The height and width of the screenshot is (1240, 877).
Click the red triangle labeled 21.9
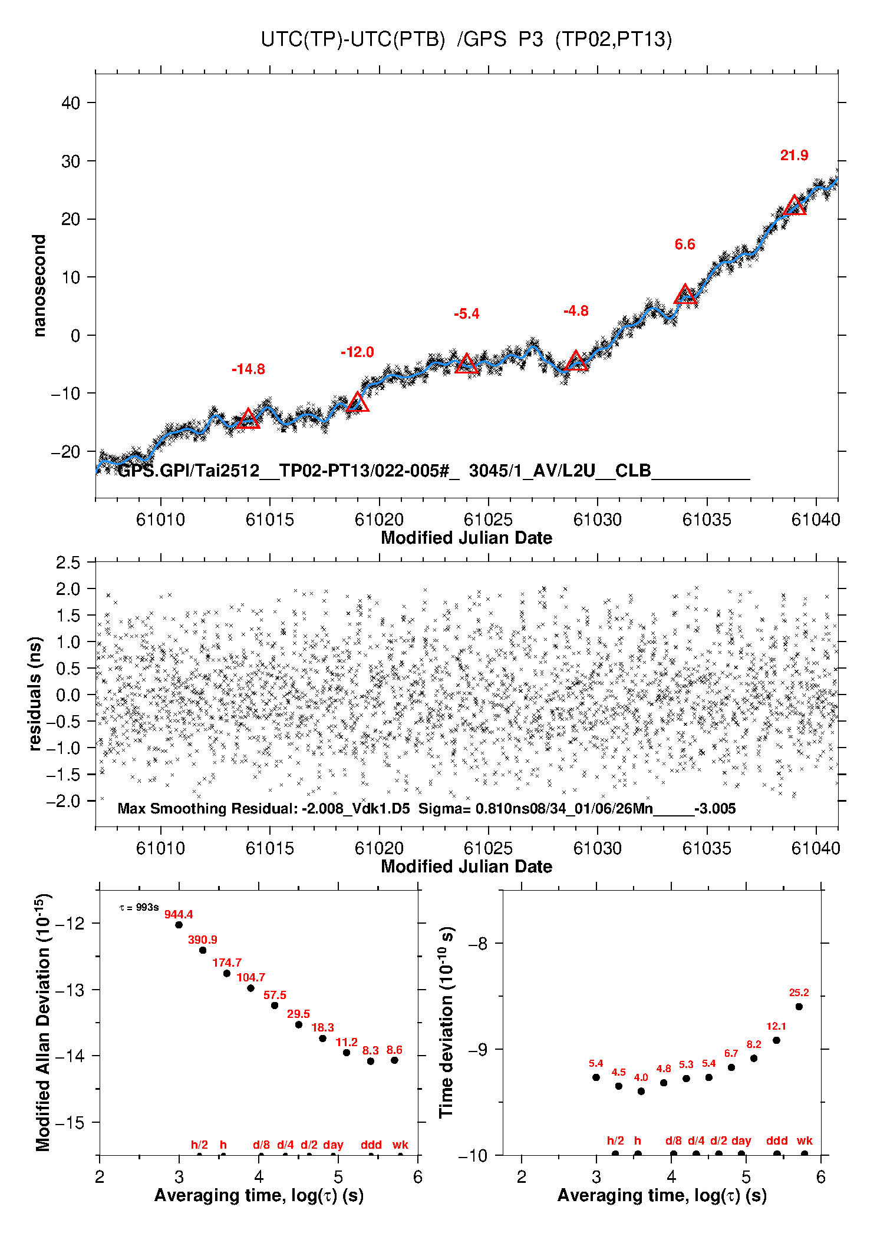click(x=794, y=206)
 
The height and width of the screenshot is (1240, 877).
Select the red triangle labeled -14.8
click(x=248, y=419)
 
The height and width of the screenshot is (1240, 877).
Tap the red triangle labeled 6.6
click(x=685, y=295)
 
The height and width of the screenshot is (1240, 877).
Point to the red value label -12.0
click(x=357, y=352)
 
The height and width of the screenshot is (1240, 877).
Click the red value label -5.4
click(x=466, y=314)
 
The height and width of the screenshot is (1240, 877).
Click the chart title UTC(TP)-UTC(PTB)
click(x=352, y=39)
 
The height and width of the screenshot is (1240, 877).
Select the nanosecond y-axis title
click(x=39, y=285)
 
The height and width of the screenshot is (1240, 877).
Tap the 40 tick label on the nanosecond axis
click(x=71, y=103)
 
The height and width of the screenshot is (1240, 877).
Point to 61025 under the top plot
click(x=488, y=520)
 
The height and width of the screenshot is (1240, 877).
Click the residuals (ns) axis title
click(x=35, y=693)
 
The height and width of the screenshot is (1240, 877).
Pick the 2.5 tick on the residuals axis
click(x=68, y=563)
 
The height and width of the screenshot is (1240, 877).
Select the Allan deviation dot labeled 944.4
click(x=179, y=925)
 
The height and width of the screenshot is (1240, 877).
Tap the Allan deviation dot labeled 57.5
click(x=275, y=1005)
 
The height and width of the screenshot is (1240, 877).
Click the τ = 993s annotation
click(x=139, y=907)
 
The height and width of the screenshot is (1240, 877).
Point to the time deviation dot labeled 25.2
click(x=799, y=1007)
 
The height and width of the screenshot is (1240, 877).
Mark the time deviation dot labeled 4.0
click(x=641, y=1091)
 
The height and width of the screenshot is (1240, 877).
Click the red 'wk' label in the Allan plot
click(x=400, y=1145)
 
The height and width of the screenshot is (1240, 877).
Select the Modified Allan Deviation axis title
click(x=43, y=1023)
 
